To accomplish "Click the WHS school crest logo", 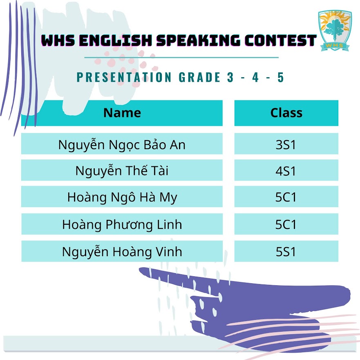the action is (x=335, y=30).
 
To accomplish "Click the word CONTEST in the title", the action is (x=280, y=40).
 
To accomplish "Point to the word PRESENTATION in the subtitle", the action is (x=124, y=77).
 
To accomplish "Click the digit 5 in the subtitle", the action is (x=281, y=77).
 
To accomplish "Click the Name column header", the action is (x=122, y=113).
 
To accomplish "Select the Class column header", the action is (x=286, y=113).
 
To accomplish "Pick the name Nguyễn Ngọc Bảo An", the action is (x=122, y=145).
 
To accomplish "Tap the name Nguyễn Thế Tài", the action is (x=122, y=171).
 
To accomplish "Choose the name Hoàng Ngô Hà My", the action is (x=122, y=197).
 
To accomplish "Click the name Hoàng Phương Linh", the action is (x=122, y=225).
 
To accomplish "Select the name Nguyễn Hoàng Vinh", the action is (x=122, y=252).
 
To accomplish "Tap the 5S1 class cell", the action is (x=286, y=251).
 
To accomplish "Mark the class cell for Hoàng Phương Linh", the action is (x=286, y=224).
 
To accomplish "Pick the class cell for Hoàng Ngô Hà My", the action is (x=286, y=197).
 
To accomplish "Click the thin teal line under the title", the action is (x=181, y=57).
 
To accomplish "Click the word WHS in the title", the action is (x=58, y=40).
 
